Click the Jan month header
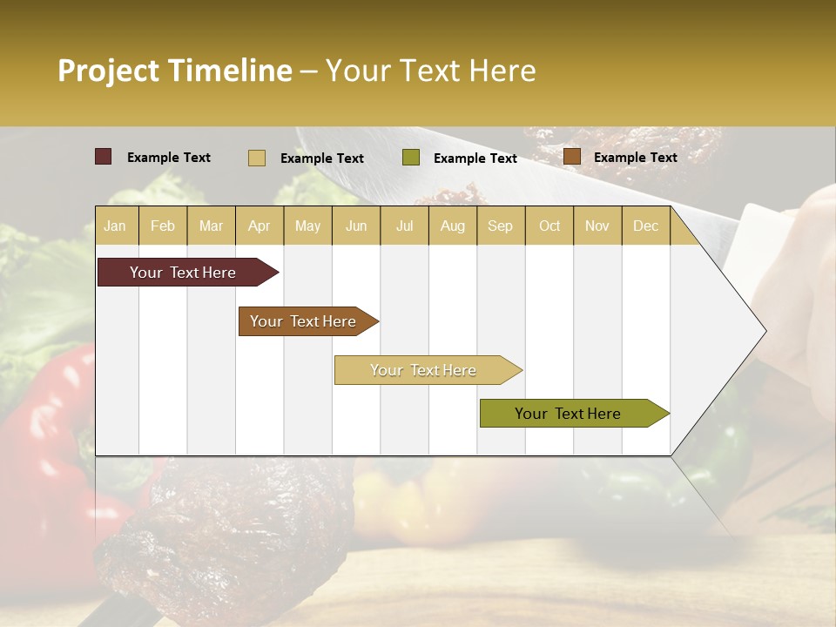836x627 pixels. (x=115, y=226)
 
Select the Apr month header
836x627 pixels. (x=259, y=226)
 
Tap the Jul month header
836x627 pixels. (x=404, y=226)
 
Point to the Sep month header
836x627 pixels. (x=500, y=226)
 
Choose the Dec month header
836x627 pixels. (x=645, y=226)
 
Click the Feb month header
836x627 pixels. (x=163, y=226)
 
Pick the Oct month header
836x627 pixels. (x=549, y=226)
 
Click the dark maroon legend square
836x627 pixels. (x=103, y=157)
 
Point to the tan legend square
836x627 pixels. (x=257, y=158)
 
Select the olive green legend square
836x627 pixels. (x=411, y=158)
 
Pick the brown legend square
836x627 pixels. (x=572, y=157)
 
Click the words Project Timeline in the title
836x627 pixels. (x=175, y=71)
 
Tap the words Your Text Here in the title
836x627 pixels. (x=430, y=71)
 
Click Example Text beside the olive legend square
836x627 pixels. (x=475, y=158)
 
